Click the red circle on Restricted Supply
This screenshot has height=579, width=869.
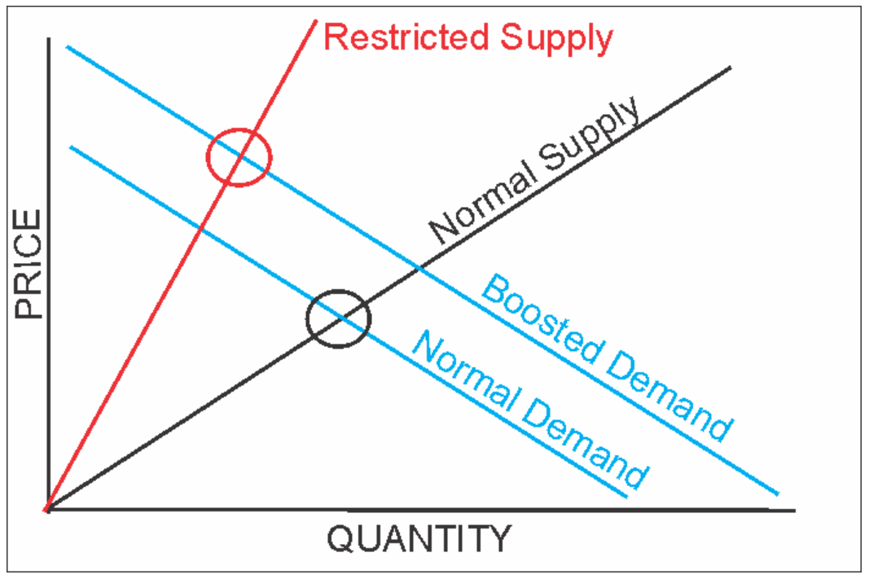click(238, 157)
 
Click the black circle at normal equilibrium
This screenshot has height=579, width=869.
click(339, 318)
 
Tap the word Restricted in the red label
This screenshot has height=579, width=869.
click(406, 37)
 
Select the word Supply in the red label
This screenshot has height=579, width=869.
click(556, 37)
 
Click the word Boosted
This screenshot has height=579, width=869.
click(538, 318)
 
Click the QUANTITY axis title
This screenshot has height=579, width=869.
click(419, 539)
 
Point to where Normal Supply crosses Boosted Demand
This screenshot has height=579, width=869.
click(419, 267)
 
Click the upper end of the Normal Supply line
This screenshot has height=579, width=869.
click(730, 67)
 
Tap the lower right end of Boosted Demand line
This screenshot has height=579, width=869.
click(778, 493)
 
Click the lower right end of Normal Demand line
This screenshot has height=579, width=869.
click(626, 496)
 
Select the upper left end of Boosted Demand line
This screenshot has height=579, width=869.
click(68, 47)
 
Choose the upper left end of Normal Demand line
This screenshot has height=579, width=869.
click(71, 147)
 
